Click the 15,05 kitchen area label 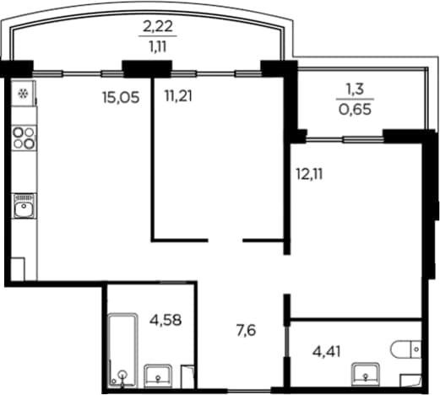pos(121,98)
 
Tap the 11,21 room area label pos(178,96)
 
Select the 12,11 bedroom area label pos(309,174)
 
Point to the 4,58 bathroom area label pos(166,320)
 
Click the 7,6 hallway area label pos(247,331)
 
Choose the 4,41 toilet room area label pos(327,352)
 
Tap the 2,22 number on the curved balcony pos(158,27)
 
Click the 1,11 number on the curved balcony pos(158,47)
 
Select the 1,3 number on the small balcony pos(355,89)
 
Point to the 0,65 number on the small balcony pos(355,110)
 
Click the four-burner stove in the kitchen pos(24,138)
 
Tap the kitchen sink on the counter pos(24,206)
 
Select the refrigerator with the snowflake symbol pos(24,94)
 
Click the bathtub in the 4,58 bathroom pos(123,350)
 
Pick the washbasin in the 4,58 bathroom pos(158,376)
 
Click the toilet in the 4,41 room pos(405,349)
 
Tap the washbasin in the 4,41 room pos(366,374)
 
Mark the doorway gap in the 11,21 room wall pos(225,241)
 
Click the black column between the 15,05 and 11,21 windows pos(147,69)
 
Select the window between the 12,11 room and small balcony pos(345,139)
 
